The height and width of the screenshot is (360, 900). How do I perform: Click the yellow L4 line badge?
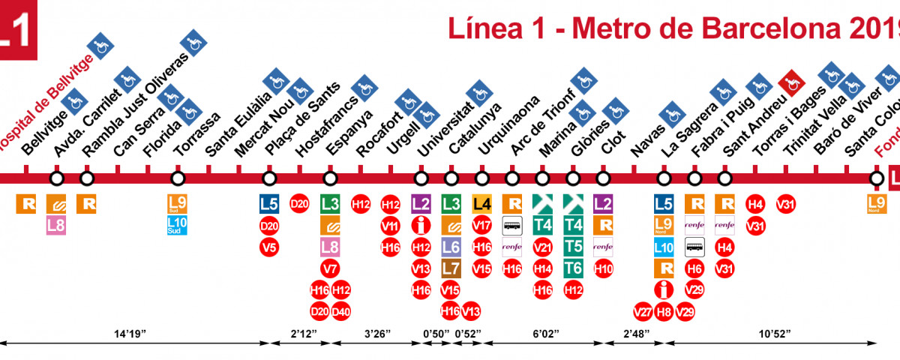point(481,203)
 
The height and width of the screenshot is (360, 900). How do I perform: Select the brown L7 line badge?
point(451,268)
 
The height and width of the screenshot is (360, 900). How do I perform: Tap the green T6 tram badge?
point(573,268)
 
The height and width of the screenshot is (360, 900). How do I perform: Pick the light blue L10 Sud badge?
point(178,225)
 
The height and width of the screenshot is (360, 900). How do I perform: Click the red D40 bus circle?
point(341,310)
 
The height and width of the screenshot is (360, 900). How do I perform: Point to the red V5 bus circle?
point(269,247)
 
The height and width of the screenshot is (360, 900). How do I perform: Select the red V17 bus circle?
point(481,225)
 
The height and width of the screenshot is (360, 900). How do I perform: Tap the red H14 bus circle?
point(542,268)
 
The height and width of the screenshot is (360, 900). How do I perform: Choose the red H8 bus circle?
point(663,310)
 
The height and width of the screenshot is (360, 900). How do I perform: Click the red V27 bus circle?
point(643,310)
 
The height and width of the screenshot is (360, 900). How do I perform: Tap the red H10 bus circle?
point(603,268)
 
